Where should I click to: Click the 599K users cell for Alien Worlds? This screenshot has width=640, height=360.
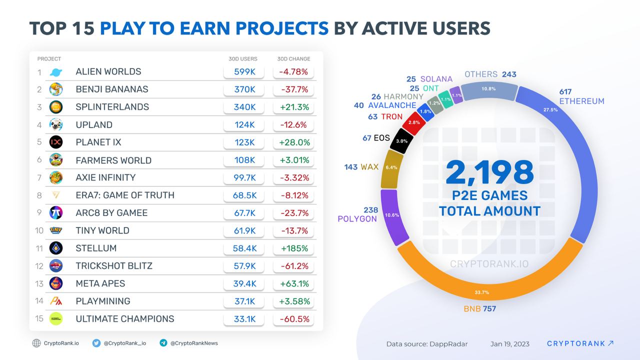coord(244,71)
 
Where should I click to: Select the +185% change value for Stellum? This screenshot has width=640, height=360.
coord(293,248)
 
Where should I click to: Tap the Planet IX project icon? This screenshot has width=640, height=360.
coord(56,142)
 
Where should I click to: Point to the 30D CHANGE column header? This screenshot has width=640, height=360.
coord(293,59)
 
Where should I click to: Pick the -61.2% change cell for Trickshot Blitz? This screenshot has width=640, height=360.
coord(293,265)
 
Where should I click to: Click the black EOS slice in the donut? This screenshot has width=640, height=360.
coord(401,140)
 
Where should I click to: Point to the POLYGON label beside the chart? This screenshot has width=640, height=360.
coord(357,219)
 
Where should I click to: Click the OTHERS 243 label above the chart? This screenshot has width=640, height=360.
coord(490,74)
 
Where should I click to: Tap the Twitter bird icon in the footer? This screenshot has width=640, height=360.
coord(96,343)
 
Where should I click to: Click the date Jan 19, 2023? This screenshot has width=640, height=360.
coord(509,344)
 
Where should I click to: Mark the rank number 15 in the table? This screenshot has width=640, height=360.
coord(39,319)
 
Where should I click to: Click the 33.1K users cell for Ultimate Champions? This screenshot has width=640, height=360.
coord(244,319)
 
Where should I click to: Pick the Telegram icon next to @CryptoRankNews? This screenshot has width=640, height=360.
coord(163,343)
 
